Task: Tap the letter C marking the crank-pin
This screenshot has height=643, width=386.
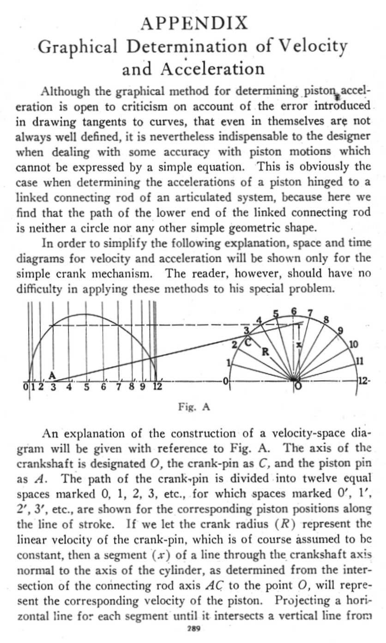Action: tap(247, 342)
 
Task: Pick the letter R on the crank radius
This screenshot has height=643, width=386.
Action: tap(265, 352)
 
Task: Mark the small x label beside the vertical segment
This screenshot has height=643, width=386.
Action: tap(299, 345)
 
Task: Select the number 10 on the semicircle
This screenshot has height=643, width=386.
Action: tap(353, 345)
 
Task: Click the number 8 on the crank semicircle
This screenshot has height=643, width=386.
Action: tap(326, 320)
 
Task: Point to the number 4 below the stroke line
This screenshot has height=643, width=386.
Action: tap(70, 387)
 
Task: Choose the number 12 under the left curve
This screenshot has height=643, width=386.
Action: tap(157, 387)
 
